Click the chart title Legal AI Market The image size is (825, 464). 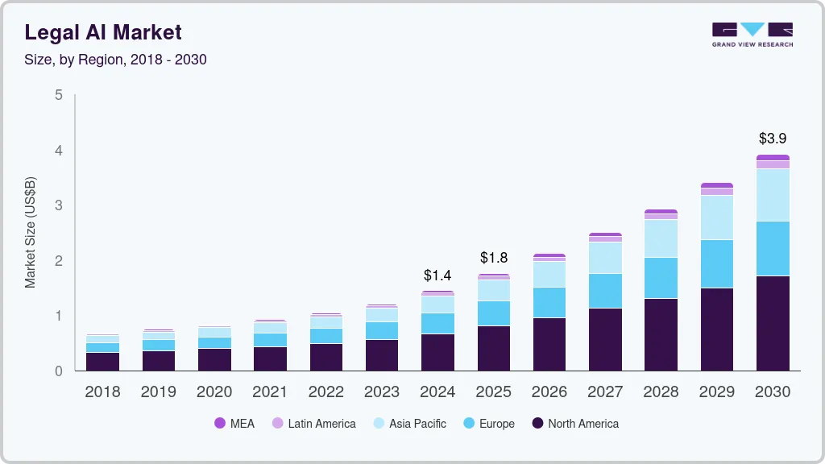point(103,32)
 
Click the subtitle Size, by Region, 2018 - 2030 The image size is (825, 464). point(115,60)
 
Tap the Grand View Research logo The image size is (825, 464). point(752,34)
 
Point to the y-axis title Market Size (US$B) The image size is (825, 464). point(31,233)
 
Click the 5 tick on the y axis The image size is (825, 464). point(58,95)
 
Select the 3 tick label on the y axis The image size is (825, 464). point(58,205)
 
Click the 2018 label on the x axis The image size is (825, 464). point(102,392)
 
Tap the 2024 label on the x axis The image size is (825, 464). point(437,392)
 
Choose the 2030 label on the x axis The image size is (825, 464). point(773,392)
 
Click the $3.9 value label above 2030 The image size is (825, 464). point(773,139)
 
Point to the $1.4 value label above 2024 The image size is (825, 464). point(437,275)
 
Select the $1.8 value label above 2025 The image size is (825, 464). point(494,258)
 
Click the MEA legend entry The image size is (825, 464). point(234,424)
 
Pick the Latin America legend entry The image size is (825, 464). point(313,424)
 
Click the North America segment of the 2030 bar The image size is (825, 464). point(773,323)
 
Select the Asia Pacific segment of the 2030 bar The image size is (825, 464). point(773,195)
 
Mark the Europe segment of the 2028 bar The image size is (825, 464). point(661,278)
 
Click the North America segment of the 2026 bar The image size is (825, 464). point(549,344)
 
